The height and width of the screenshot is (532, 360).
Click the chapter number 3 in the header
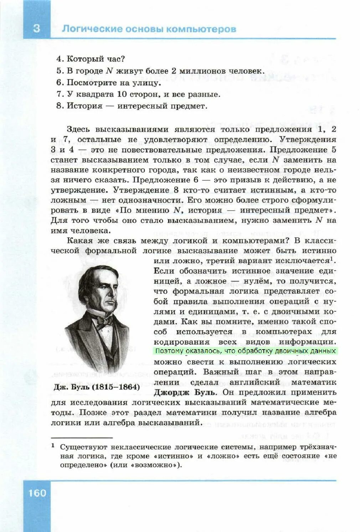[x=36, y=28]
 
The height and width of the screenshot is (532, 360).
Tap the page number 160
[x=37, y=493]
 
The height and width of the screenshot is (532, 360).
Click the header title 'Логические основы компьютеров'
[x=149, y=29]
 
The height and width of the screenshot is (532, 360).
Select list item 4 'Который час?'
[x=91, y=59]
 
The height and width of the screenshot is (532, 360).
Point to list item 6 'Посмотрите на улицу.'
[x=109, y=83]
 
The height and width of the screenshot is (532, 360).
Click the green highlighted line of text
[x=245, y=351]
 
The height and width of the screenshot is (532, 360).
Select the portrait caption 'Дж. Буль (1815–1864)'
[x=96, y=387]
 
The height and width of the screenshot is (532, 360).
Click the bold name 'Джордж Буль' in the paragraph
[x=185, y=392]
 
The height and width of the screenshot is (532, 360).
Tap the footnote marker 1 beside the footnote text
[x=53, y=445]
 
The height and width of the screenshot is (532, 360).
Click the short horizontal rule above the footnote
[x=82, y=437]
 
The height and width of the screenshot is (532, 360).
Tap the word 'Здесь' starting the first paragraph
[x=78, y=129]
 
